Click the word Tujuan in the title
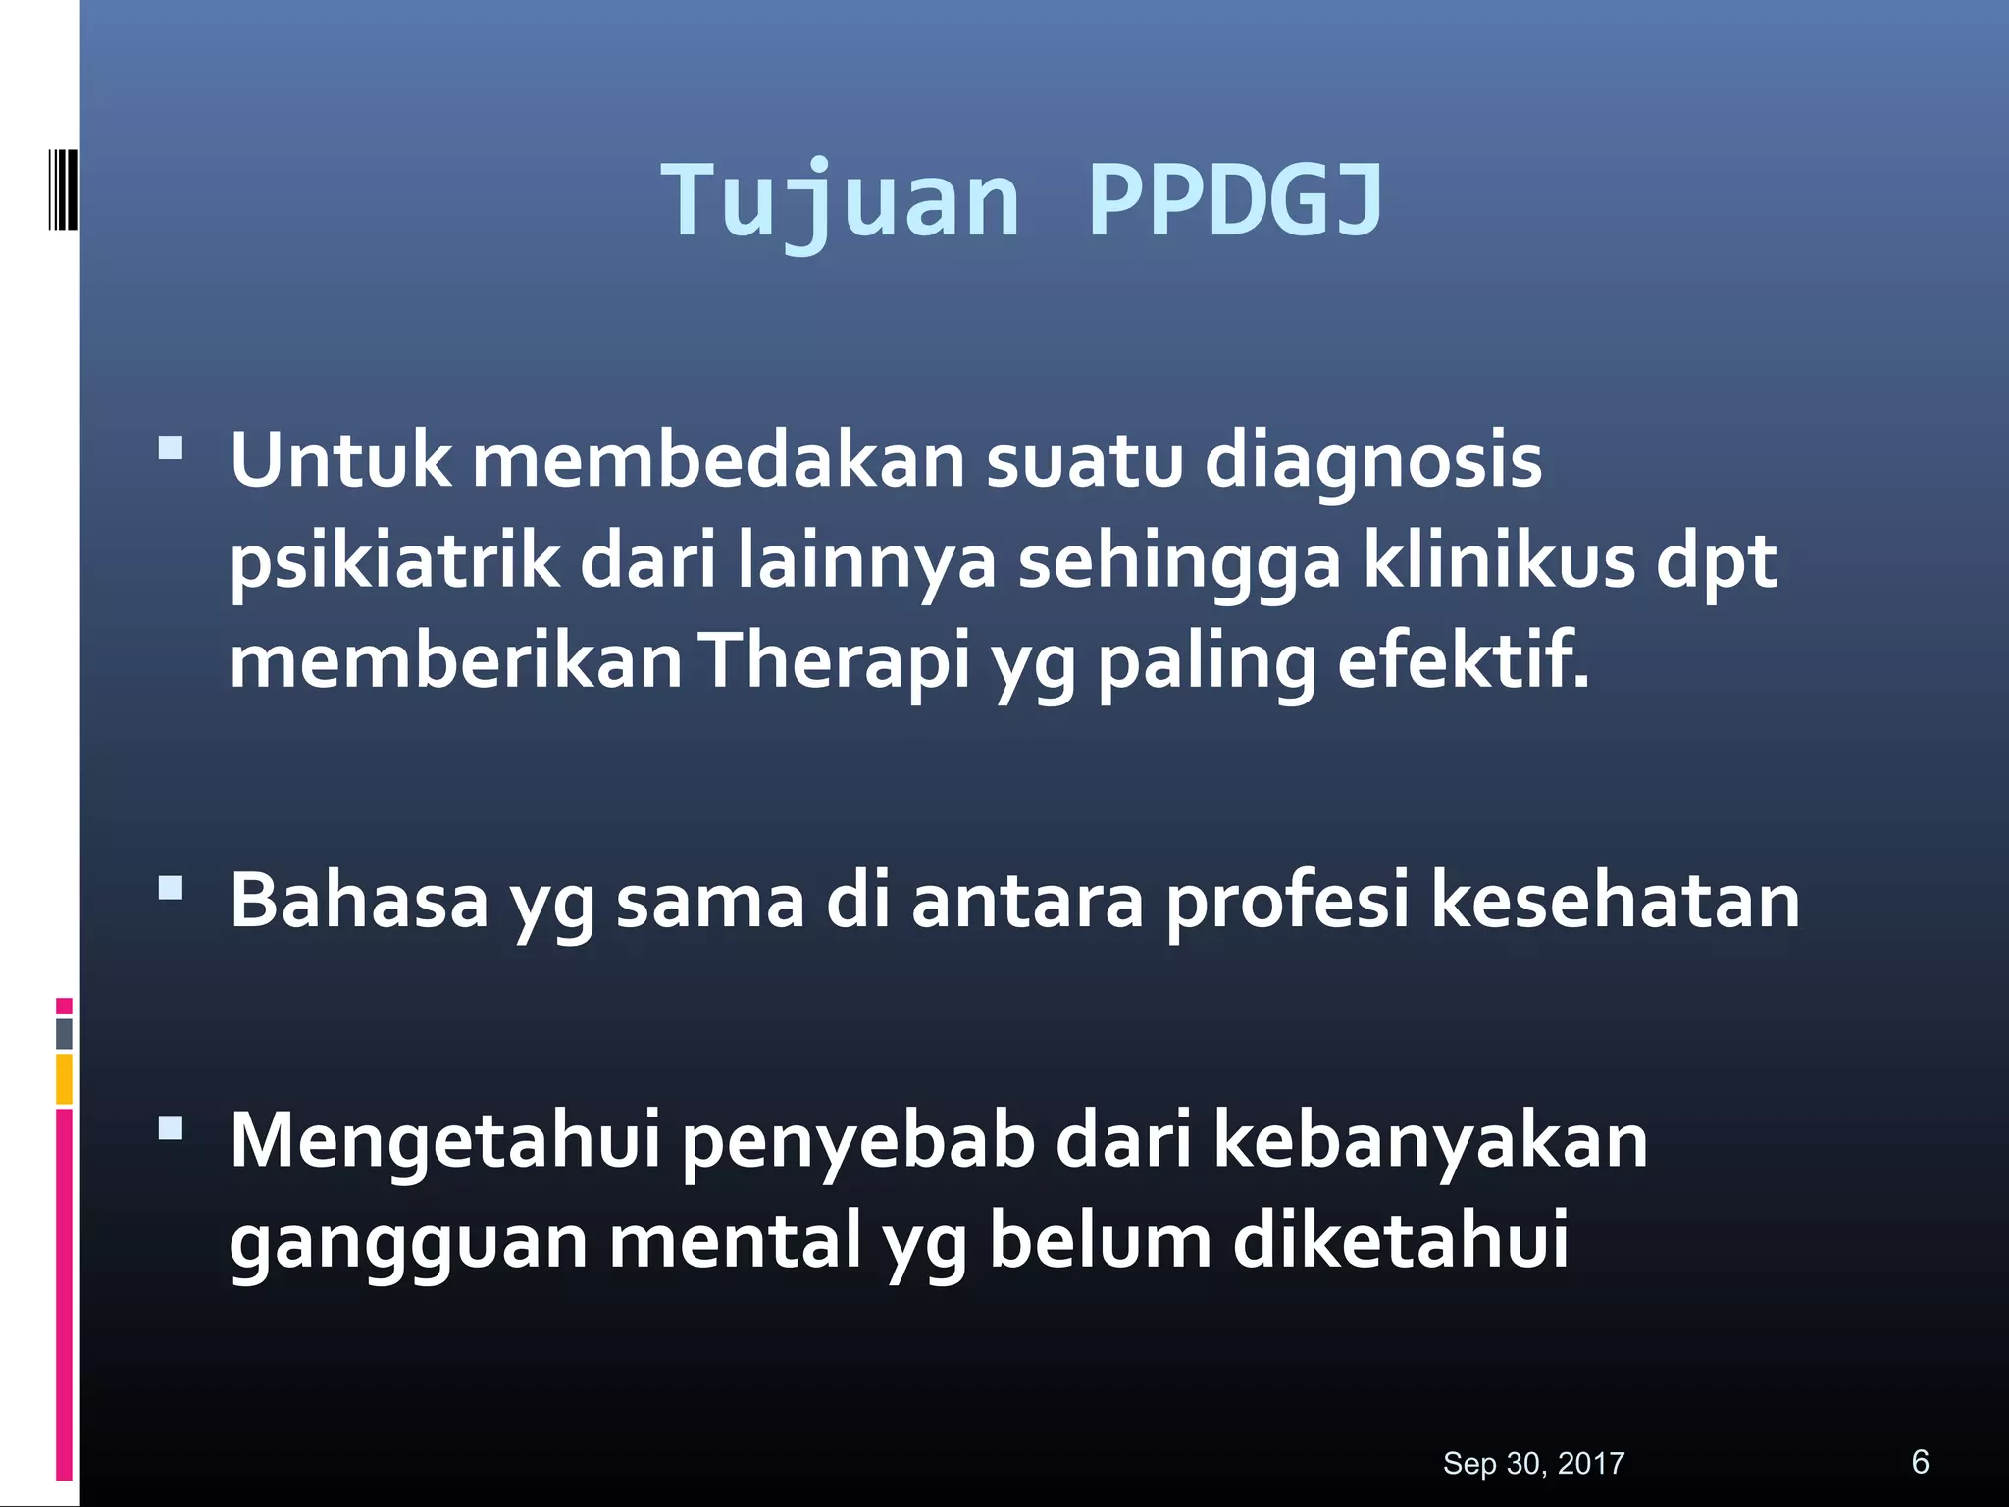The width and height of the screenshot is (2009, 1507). tap(841, 201)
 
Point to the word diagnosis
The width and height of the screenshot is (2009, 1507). tap(1372, 461)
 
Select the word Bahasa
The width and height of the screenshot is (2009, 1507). tap(359, 900)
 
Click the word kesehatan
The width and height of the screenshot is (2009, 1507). tap(1616, 900)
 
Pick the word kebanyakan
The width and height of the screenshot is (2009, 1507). tap(1430, 1140)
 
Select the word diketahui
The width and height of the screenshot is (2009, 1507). tap(1400, 1240)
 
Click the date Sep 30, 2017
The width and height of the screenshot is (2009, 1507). tap(1533, 1463)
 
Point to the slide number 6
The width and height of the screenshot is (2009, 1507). tap(1920, 1461)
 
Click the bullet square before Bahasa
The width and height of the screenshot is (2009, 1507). tap(171, 888)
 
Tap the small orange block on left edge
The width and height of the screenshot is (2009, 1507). tap(64, 1078)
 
